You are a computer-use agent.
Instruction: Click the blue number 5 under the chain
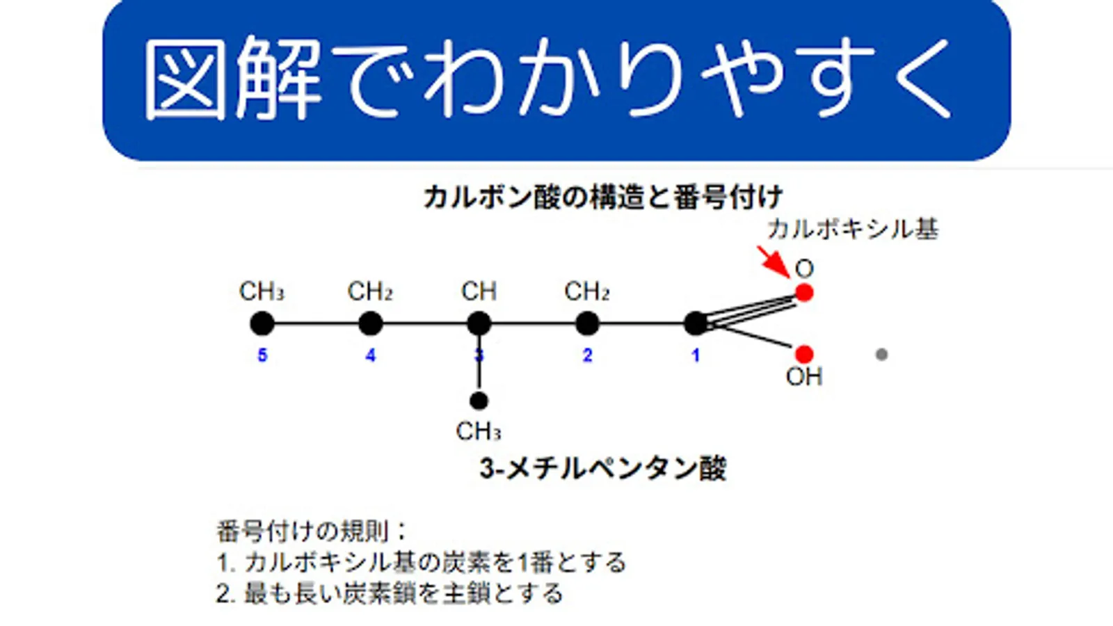tap(262, 355)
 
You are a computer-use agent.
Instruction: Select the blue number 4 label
tap(371, 355)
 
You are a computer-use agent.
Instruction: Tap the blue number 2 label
tap(588, 355)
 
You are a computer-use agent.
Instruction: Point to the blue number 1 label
tap(696, 355)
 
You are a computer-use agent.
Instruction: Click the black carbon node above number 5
tap(262, 323)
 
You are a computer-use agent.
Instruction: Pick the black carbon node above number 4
tap(371, 323)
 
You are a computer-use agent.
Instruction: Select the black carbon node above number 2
tap(588, 323)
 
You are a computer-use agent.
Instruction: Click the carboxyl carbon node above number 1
tap(696, 323)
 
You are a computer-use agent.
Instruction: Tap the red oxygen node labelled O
tap(804, 293)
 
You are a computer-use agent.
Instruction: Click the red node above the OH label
tap(804, 355)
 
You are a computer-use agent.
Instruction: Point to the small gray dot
tap(881, 355)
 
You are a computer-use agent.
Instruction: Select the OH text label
tap(804, 377)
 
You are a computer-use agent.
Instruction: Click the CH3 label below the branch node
tap(479, 432)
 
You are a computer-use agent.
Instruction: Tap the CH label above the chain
tap(479, 291)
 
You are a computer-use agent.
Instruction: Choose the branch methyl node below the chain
tap(479, 401)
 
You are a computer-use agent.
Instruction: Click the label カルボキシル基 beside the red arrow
tap(853, 229)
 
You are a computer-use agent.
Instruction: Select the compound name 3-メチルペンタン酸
tap(603, 469)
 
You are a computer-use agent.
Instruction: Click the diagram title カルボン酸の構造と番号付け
tap(603, 198)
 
